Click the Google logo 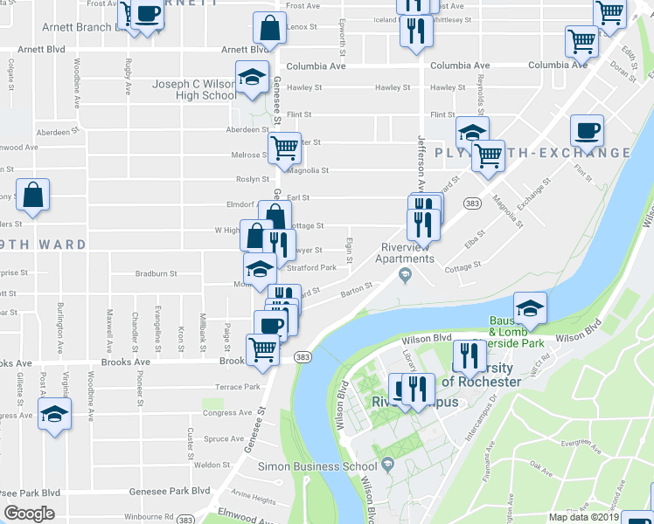29,514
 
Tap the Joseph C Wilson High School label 194,90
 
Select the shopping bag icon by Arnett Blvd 270,29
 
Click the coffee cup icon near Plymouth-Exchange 587,131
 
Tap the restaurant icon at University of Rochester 470,355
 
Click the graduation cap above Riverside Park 530,308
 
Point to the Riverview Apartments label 406,253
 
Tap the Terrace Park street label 239,386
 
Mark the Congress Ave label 226,412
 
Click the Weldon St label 211,465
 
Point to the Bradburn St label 157,273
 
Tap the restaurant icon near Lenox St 414,31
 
